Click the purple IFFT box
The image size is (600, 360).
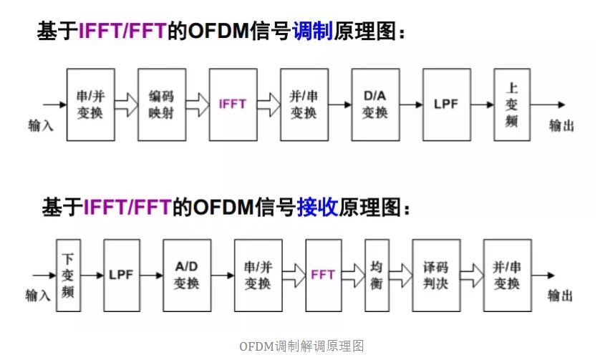(233, 104)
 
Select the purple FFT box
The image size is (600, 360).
(324, 274)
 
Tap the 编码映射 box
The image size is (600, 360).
(162, 104)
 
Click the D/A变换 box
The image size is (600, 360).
(375, 104)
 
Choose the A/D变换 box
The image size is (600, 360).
(187, 274)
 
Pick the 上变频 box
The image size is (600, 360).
(512, 104)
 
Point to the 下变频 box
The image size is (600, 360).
(68, 274)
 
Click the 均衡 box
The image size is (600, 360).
(377, 274)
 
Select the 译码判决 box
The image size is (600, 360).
(436, 274)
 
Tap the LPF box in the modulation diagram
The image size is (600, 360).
(446, 104)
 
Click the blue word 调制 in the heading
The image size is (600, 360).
(313, 33)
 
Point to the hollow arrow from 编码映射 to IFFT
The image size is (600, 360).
(198, 104)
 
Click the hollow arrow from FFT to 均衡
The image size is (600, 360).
(354, 274)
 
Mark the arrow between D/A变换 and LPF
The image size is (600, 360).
(410, 104)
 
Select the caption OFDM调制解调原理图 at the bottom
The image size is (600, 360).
(301, 346)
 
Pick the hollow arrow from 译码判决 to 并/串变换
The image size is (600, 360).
(471, 274)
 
